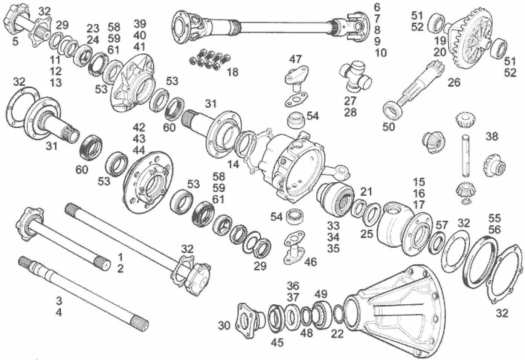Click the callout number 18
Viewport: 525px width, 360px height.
point(233,72)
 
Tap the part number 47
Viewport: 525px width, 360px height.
point(296,59)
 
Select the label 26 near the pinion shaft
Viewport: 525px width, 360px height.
point(455,82)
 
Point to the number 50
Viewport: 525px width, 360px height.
point(389,127)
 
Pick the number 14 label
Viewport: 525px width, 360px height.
point(233,164)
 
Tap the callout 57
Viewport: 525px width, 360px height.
point(441,225)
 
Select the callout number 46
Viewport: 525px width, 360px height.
point(311,261)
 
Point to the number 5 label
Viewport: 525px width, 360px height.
point(15,41)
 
